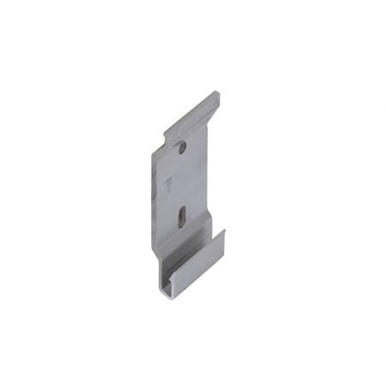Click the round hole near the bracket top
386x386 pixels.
click(182, 149)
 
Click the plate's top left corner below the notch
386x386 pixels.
click(154, 154)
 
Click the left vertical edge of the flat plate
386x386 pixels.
click(153, 205)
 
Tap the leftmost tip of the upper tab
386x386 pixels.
click(164, 133)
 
